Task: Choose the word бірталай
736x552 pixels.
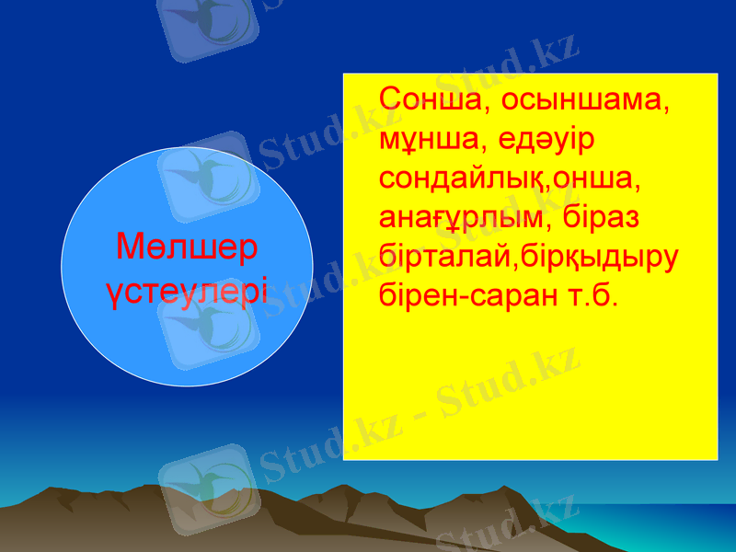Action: (x=443, y=259)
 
